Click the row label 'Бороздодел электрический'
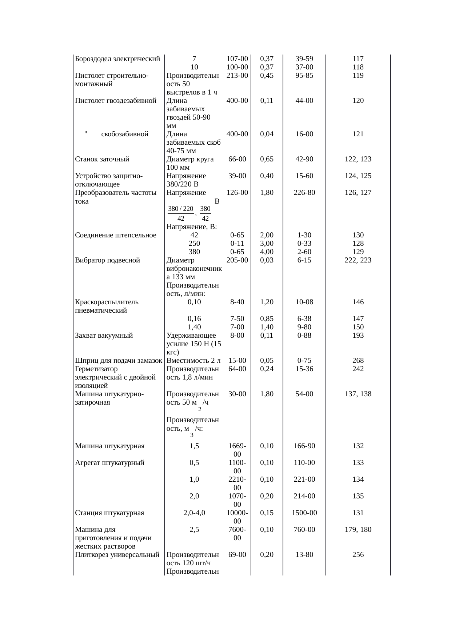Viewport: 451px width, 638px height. (x=117, y=59)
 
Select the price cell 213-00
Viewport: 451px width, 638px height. (x=237, y=76)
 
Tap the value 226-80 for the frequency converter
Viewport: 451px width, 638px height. (x=304, y=193)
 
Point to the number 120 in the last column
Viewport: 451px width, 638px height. (x=358, y=101)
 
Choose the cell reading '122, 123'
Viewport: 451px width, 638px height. (x=358, y=159)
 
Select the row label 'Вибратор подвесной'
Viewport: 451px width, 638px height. (x=107, y=260)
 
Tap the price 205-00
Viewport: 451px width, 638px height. (x=237, y=260)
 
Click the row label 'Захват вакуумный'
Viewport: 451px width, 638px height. (x=104, y=336)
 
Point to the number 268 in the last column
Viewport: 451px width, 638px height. (x=358, y=361)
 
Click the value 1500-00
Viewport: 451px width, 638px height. (x=304, y=513)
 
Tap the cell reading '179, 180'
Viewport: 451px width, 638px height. (x=358, y=530)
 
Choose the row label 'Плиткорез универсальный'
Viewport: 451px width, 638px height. (x=117, y=555)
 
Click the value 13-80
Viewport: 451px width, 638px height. (x=304, y=555)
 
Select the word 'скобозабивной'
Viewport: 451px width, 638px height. (x=125, y=134)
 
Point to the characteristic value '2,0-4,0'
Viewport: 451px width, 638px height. (x=194, y=513)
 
